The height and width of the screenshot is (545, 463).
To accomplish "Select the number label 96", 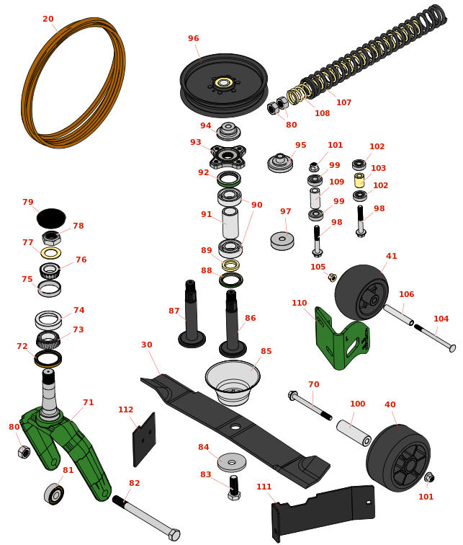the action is tap(193, 38).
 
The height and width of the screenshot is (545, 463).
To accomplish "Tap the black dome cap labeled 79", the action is tap(51, 218).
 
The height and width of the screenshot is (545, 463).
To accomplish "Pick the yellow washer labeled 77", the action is tap(51, 253).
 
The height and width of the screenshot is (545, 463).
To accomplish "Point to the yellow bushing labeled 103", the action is tap(359, 180).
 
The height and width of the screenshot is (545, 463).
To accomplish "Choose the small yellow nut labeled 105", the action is tap(332, 277).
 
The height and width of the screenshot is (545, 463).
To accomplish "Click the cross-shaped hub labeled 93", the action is tap(228, 156).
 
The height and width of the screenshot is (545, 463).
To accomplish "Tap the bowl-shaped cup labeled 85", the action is tap(233, 382).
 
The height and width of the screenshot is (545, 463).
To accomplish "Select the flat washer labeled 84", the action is tap(232, 462).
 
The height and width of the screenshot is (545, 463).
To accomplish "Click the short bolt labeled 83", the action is tap(234, 488).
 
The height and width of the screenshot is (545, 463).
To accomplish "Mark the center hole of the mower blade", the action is tap(235, 427).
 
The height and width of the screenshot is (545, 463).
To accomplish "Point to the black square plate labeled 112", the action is tap(145, 440).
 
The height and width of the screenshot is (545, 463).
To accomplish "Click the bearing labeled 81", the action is tap(54, 494).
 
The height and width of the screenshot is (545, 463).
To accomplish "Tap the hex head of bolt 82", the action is tap(174, 535).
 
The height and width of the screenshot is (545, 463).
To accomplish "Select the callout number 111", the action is tap(264, 487).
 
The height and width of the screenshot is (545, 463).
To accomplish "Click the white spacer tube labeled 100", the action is tap(354, 433).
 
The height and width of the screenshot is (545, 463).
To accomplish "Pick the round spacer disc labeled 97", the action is tap(282, 241).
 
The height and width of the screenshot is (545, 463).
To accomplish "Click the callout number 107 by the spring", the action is tap(343, 102).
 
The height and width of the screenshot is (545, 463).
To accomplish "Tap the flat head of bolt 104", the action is tap(452, 348).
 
